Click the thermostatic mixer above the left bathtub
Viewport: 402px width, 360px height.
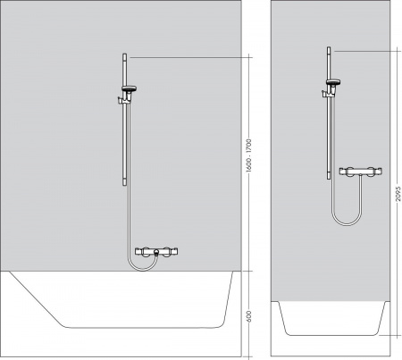tap(155, 254)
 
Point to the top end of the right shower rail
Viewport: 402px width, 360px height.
tap(329, 48)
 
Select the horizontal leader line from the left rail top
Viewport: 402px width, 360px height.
tap(188, 56)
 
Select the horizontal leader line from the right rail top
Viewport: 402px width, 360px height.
tap(362, 51)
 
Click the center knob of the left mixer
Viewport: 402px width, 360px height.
tap(155, 254)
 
